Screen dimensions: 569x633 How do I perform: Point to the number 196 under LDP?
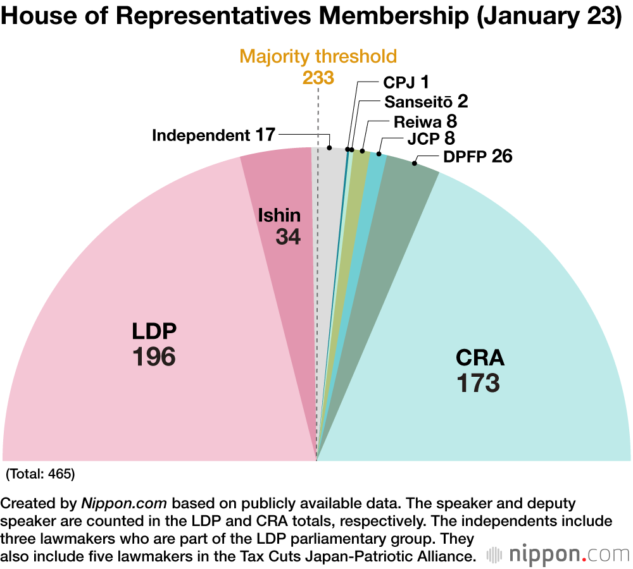(154, 357)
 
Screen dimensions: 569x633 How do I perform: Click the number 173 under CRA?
(479, 383)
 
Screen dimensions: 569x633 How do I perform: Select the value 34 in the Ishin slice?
(288, 237)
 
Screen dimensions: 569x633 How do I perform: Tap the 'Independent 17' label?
(213, 135)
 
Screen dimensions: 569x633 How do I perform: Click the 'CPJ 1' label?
(406, 82)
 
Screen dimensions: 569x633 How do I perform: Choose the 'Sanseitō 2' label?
(425, 102)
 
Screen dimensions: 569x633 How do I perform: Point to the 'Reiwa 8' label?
(425, 121)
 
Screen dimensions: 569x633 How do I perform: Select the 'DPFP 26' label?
(477, 156)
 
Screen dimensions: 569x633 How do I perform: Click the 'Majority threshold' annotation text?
(318, 56)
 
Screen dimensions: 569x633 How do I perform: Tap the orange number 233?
(318, 77)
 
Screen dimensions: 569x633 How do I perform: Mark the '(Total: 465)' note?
(40, 474)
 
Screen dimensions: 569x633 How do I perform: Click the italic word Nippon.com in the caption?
(124, 504)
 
